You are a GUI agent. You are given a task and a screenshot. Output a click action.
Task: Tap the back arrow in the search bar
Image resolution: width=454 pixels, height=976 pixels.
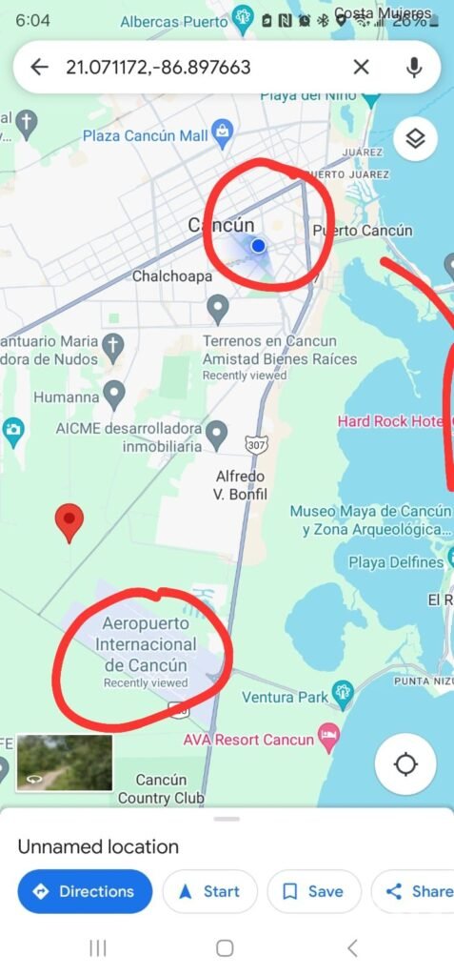(39, 67)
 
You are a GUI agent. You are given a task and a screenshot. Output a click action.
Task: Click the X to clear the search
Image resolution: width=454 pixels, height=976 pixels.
(362, 67)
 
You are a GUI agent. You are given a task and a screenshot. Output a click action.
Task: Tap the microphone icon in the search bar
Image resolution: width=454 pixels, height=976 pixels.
(414, 67)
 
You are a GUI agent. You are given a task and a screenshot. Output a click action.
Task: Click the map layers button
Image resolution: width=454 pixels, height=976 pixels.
(415, 139)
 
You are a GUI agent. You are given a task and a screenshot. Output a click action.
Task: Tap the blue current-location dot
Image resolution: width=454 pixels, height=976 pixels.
(258, 246)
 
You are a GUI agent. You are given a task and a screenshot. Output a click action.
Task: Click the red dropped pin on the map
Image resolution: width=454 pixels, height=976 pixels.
(69, 521)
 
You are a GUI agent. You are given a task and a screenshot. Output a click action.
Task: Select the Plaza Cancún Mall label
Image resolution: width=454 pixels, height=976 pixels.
(146, 136)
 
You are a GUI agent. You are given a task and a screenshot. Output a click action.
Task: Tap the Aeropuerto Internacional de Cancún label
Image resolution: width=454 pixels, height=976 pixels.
(146, 645)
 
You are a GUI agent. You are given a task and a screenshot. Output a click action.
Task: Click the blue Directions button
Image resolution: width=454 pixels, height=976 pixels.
(85, 892)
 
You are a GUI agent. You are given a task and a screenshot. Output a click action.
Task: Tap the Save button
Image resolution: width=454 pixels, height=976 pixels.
(314, 892)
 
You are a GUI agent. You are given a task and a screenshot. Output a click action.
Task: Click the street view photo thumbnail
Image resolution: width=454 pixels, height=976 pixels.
(65, 762)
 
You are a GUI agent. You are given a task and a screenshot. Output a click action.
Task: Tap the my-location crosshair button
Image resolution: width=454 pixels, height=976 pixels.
(406, 764)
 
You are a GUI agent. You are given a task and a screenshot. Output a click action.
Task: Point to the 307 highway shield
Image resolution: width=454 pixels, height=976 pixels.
(255, 444)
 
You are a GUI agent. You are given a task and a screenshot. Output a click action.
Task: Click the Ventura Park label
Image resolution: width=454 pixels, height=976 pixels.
(286, 698)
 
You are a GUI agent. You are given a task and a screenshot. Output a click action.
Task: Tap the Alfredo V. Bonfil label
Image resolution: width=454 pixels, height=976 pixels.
(240, 484)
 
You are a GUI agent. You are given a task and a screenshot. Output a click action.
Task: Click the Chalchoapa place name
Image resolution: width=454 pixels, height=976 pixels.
(171, 277)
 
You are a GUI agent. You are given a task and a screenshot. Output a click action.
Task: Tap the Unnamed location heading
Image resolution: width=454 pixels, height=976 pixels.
(98, 846)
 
